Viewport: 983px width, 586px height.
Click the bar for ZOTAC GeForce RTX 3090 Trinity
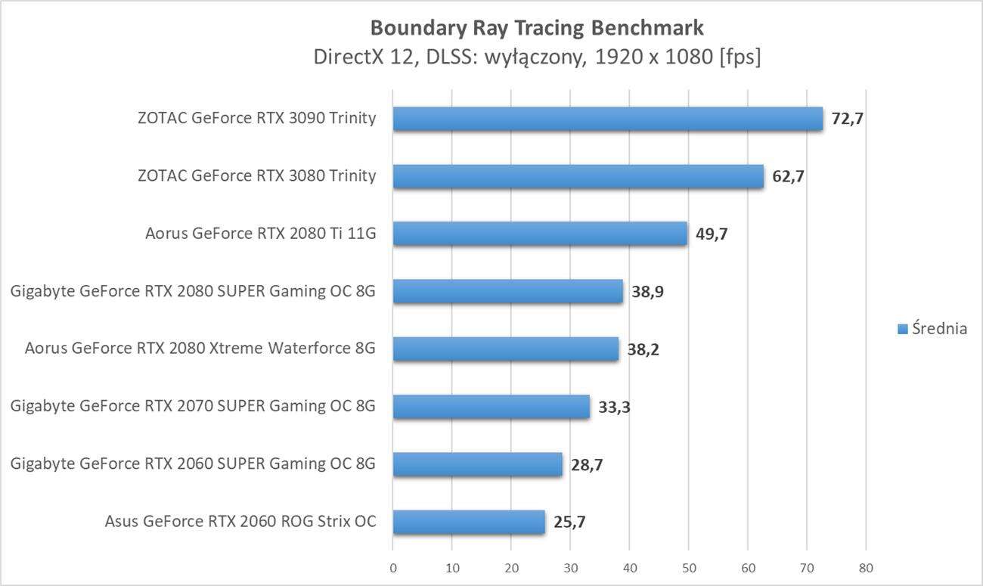pyautogui.click(x=607, y=119)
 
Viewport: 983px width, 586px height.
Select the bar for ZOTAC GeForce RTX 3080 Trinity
pyautogui.click(x=578, y=176)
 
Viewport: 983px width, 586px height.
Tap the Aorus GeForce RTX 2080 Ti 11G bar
pyautogui.click(x=540, y=234)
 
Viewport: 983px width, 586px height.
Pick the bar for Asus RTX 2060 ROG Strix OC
pyautogui.click(x=469, y=521)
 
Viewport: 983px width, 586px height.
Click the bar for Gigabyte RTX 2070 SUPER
pyautogui.click(x=491, y=407)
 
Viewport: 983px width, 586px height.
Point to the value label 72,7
pyautogui.click(x=847, y=119)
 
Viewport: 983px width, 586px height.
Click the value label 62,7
pyautogui.click(x=788, y=177)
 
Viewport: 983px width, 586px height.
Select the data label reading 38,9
pyautogui.click(x=647, y=292)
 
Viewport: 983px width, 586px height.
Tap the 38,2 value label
pyautogui.click(x=643, y=349)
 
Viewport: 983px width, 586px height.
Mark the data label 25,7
pyautogui.click(x=569, y=521)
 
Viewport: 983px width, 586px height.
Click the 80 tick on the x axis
pyautogui.click(x=866, y=568)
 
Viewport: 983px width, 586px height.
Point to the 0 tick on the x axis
pyautogui.click(x=393, y=568)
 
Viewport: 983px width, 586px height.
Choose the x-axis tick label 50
pyautogui.click(x=689, y=568)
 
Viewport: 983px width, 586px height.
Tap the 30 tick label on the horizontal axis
pyautogui.click(x=570, y=568)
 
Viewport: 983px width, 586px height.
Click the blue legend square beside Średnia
pyautogui.click(x=902, y=329)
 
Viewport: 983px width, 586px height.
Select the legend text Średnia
pyautogui.click(x=939, y=328)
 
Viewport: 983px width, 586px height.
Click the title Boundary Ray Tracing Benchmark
pyautogui.click(x=537, y=28)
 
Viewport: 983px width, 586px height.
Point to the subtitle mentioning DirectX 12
pyautogui.click(x=537, y=57)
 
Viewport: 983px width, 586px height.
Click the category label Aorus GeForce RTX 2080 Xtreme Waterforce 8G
pyautogui.click(x=200, y=349)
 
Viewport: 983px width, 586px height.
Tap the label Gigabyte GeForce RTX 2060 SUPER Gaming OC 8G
pyautogui.click(x=193, y=464)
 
